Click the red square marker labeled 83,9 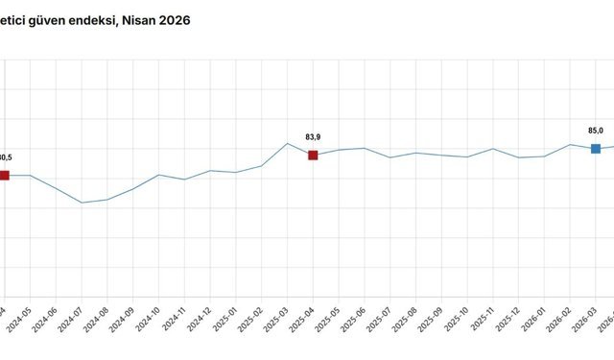pyautogui.click(x=313, y=155)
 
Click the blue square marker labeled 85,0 pyautogui.click(x=596, y=148)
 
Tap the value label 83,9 pyautogui.click(x=313, y=136)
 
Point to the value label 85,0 pyautogui.click(x=596, y=131)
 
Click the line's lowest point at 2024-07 pyautogui.click(x=82, y=203)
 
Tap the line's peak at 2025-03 pyautogui.click(x=288, y=143)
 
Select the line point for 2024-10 pyautogui.click(x=159, y=175)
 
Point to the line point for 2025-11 pyautogui.click(x=493, y=149)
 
